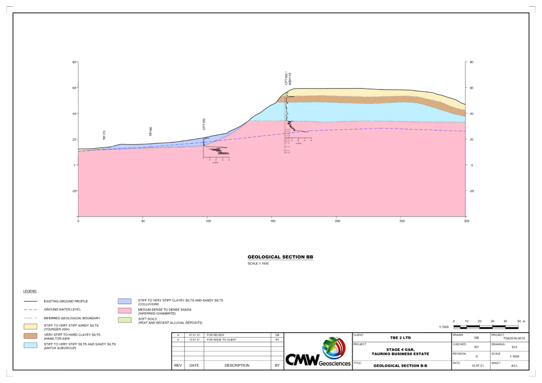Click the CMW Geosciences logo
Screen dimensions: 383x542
317,352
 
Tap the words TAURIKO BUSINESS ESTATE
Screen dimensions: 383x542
400,353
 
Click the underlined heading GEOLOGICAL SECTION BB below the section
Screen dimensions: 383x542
280,257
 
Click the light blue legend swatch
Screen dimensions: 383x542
30,345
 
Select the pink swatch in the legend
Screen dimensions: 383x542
125,311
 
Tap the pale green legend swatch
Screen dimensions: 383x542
125,320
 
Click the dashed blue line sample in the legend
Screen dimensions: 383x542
30,309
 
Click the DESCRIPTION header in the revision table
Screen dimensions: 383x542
237,365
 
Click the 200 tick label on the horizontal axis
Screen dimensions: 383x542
337,221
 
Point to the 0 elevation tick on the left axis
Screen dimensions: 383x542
75,165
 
